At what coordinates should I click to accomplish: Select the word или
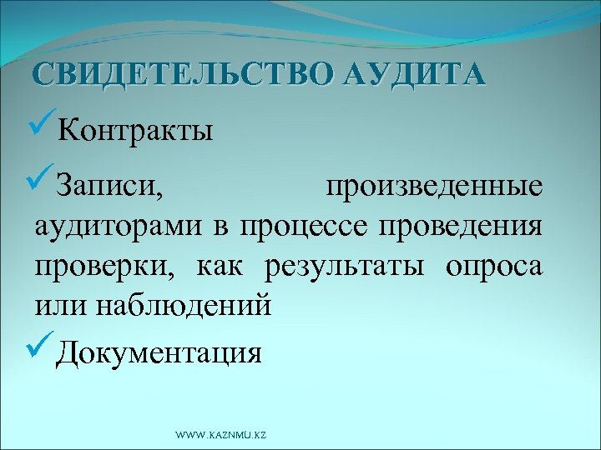coord(58,306)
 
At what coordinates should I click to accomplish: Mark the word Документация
coord(159,354)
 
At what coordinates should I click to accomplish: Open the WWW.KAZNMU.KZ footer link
coord(220,435)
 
